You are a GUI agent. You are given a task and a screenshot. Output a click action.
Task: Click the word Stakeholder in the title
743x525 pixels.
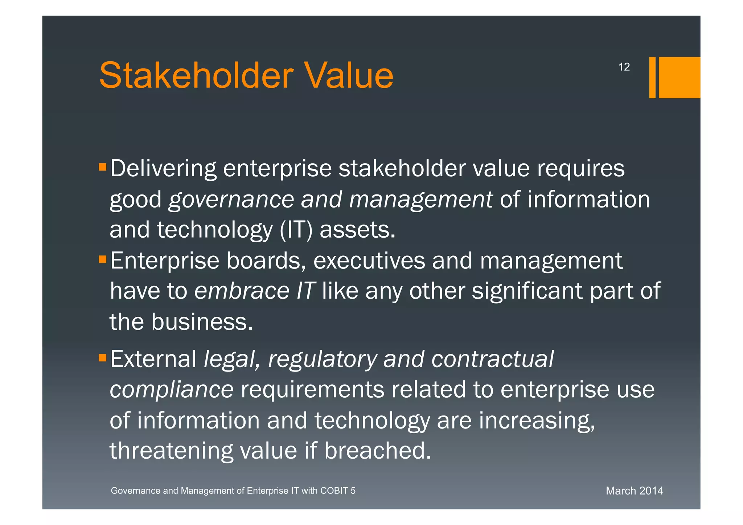click(196, 75)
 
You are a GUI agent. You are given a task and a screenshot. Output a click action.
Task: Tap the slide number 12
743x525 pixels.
click(624, 67)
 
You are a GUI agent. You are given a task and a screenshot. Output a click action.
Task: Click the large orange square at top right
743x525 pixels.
click(679, 77)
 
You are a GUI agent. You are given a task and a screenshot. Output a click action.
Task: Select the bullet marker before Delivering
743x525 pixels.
click(102, 167)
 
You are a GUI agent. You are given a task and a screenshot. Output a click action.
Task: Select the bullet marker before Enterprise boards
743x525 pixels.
click(102, 259)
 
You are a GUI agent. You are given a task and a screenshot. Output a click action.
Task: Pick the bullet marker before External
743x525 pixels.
click(102, 358)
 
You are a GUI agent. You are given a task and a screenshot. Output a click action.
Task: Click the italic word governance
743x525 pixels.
click(231, 200)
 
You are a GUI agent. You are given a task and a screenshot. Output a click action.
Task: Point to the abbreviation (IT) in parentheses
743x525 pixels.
click(296, 230)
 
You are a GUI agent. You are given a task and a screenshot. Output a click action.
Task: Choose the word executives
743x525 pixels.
click(369, 261)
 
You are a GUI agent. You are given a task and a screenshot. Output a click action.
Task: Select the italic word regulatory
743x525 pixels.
click(322, 360)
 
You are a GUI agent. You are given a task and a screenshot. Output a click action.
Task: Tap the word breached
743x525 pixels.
click(377, 451)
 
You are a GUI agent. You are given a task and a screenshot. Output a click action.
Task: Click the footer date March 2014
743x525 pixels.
click(634, 491)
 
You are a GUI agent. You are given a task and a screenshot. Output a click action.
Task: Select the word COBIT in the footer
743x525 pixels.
click(334, 491)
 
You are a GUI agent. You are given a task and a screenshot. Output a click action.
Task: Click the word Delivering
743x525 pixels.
click(163, 169)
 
